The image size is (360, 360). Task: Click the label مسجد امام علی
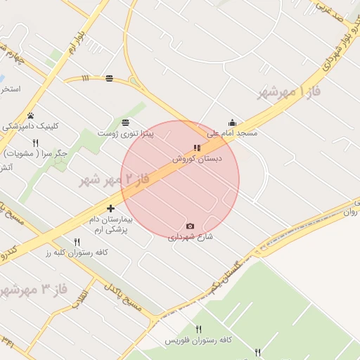[x=232, y=133]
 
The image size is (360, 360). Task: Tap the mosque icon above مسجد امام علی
[x=232, y=123]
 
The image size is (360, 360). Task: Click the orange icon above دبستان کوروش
[x=197, y=148]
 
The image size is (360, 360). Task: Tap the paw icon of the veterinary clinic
[x=31, y=116]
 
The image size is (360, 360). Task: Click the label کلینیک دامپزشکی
[x=31, y=127]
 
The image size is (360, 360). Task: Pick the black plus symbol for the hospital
[x=110, y=208]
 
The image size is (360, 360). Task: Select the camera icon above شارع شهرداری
[x=190, y=226]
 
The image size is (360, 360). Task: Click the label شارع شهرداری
[x=190, y=237]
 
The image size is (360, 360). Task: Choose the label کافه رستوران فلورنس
[x=198, y=340]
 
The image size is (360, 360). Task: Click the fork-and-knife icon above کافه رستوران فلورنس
[x=198, y=329]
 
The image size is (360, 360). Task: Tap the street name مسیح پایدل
[x=124, y=297]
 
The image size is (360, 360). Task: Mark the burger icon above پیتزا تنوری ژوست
[x=125, y=122]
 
